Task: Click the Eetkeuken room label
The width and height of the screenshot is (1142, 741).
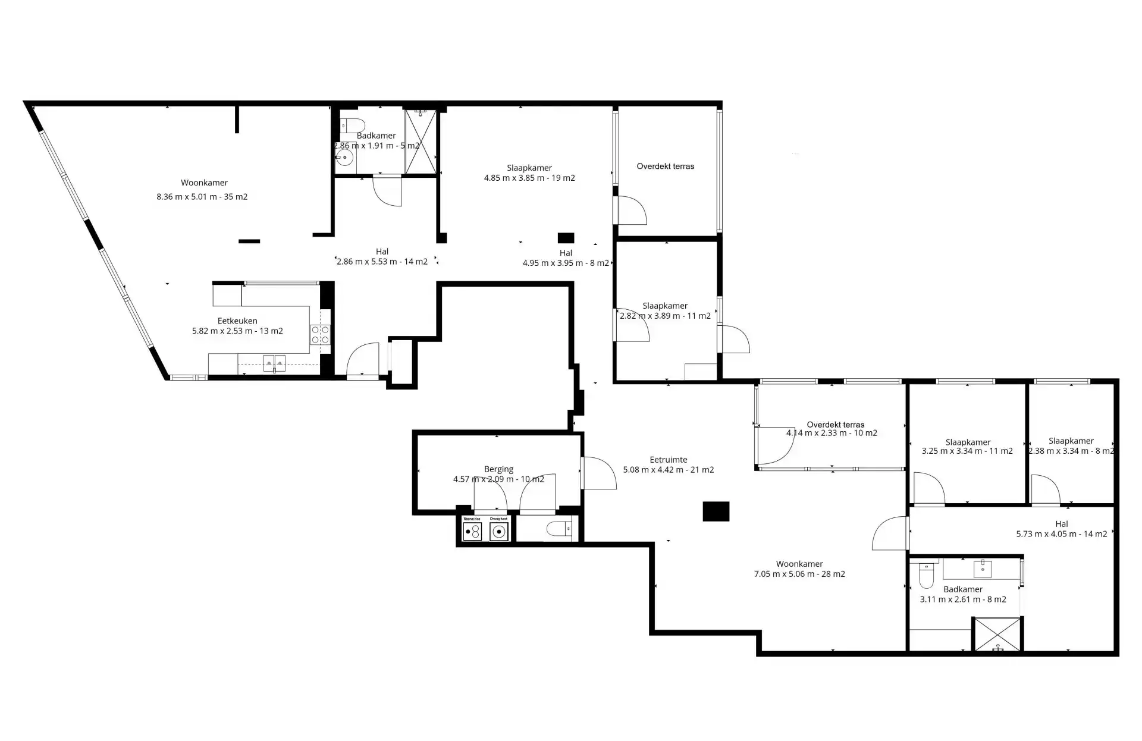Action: pyautogui.click(x=237, y=321)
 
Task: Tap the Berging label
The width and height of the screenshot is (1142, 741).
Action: pyautogui.click(x=498, y=469)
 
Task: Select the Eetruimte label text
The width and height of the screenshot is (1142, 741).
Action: pyautogui.click(x=668, y=460)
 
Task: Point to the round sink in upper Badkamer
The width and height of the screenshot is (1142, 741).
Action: pyautogui.click(x=344, y=158)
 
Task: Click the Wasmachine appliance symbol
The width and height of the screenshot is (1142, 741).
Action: pyautogui.click(x=472, y=531)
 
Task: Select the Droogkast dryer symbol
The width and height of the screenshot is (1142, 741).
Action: pyautogui.click(x=499, y=531)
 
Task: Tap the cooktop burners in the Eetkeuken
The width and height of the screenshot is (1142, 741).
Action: pyautogui.click(x=320, y=335)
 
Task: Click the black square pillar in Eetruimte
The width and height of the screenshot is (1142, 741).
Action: pyautogui.click(x=716, y=511)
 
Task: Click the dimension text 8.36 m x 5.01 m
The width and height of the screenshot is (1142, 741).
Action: pyautogui.click(x=202, y=197)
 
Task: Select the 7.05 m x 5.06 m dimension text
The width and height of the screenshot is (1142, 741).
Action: pyautogui.click(x=799, y=574)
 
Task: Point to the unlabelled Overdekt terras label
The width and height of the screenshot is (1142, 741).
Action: pyautogui.click(x=665, y=167)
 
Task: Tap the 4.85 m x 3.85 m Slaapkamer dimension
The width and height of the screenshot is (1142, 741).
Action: pyautogui.click(x=529, y=178)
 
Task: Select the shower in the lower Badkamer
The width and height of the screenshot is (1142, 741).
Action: pyautogui.click(x=997, y=634)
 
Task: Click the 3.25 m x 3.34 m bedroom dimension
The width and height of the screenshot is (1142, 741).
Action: pyautogui.click(x=967, y=451)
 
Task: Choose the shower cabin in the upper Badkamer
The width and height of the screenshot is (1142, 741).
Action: pyautogui.click(x=421, y=141)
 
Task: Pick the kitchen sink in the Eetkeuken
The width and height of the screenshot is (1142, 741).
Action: pyautogui.click(x=274, y=362)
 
